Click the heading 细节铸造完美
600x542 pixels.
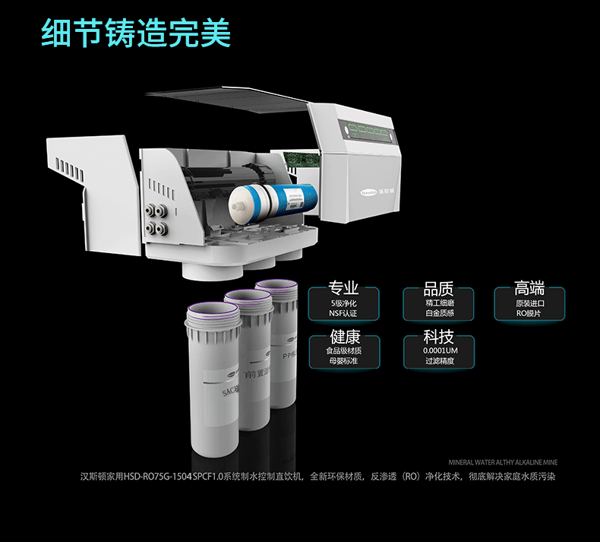(x=136, y=33)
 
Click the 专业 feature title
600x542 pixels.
(x=343, y=288)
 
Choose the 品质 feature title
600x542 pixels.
(x=438, y=288)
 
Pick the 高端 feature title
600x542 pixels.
(x=529, y=288)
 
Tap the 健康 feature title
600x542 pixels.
(x=343, y=337)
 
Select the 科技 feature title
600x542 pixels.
(x=438, y=337)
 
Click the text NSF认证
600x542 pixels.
(x=343, y=313)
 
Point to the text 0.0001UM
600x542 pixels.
(x=438, y=351)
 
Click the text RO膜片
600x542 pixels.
(x=529, y=313)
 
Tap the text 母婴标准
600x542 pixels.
(x=343, y=361)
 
